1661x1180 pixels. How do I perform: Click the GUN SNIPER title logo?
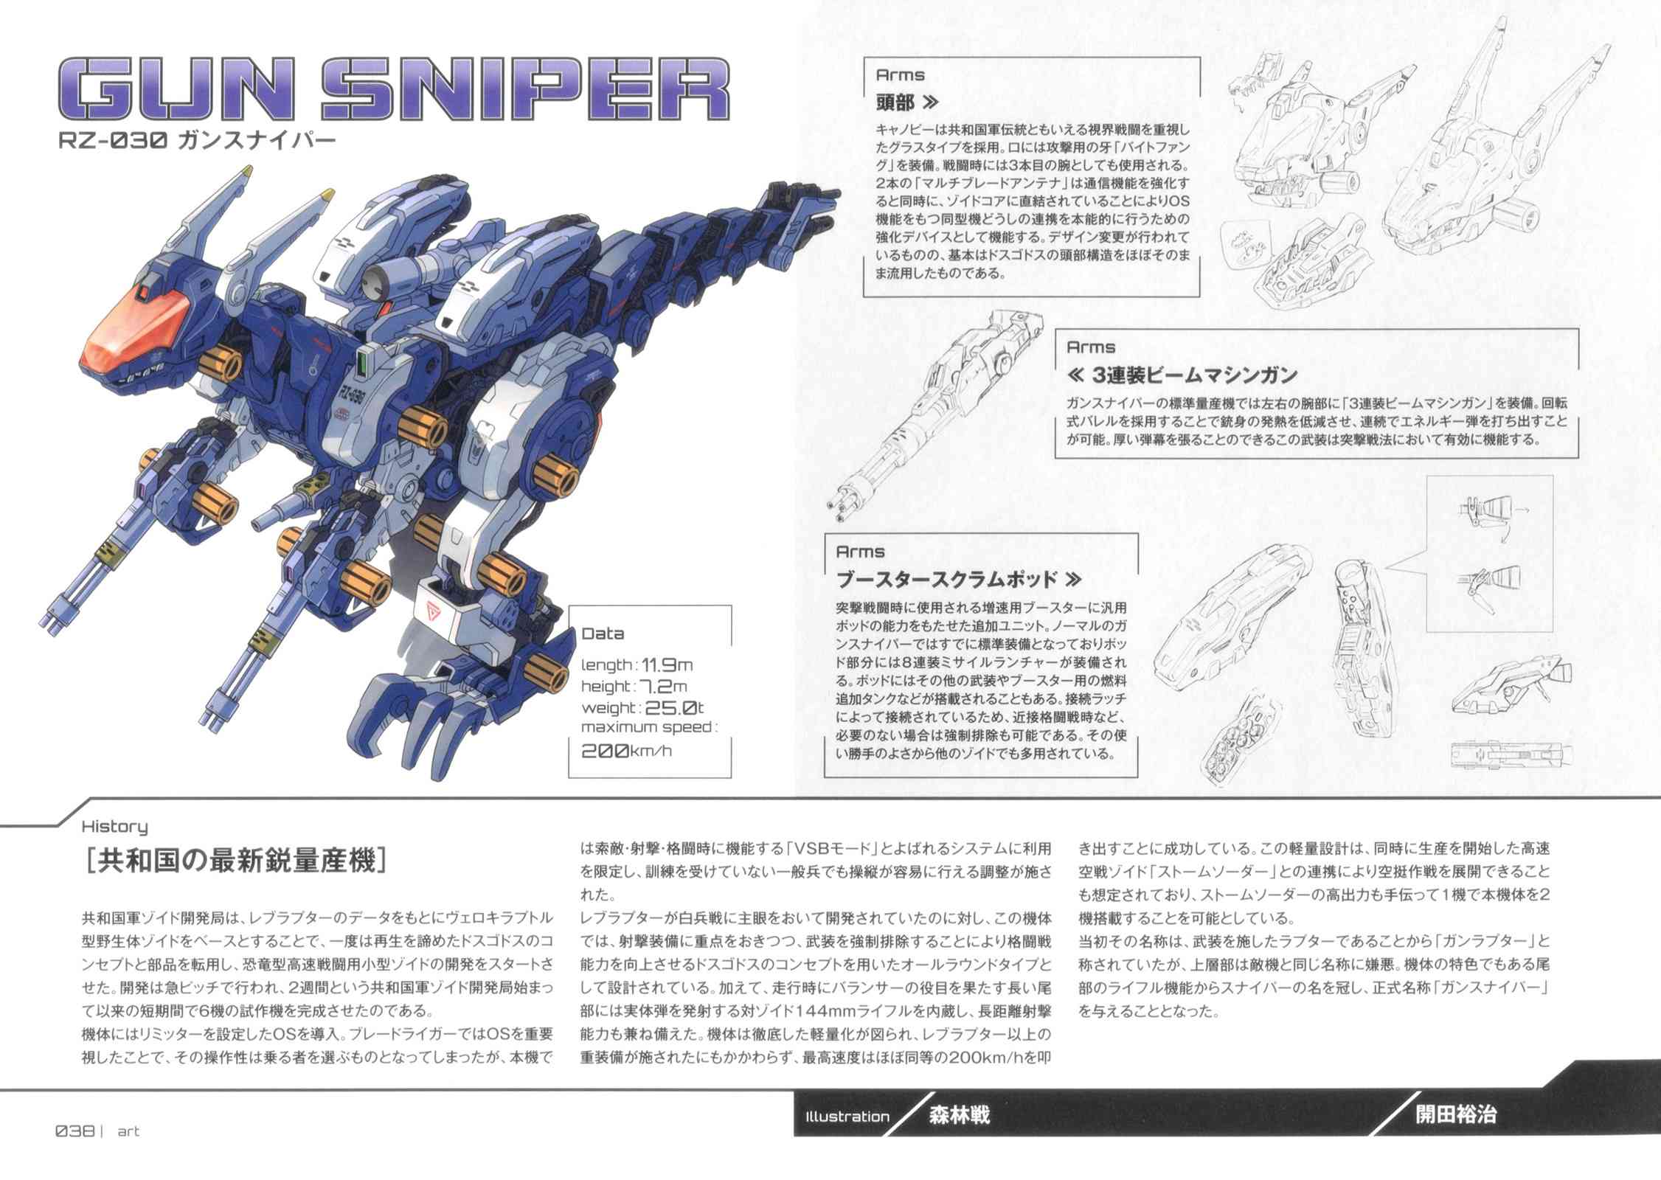(393, 90)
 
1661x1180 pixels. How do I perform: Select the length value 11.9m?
(667, 664)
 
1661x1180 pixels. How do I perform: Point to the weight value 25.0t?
(675, 708)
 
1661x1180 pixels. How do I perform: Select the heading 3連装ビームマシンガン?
(1194, 375)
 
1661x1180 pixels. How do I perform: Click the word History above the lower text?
(114, 827)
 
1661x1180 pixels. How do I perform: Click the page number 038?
(74, 1131)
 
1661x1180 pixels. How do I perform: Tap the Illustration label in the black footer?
(847, 1117)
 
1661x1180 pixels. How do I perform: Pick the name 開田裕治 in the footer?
(1456, 1114)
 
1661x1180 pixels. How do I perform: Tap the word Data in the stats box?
(603, 634)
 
